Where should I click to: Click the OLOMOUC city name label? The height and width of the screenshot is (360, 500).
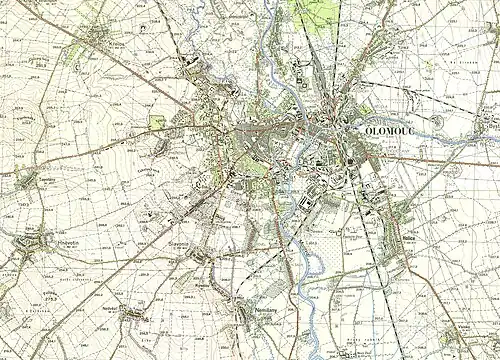[397, 129]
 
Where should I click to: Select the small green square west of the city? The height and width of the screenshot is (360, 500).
[156, 122]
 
